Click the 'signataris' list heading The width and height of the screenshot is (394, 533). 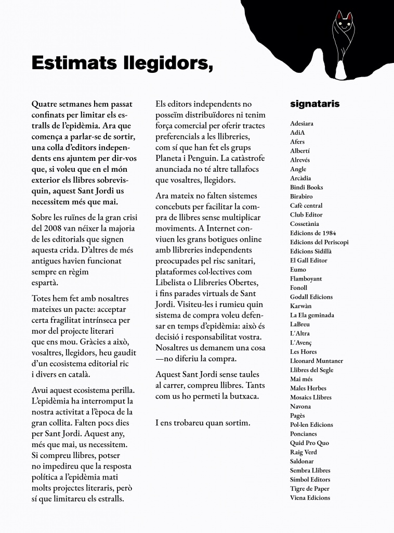pyautogui.click(x=314, y=104)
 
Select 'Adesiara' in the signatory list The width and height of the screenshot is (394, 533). pyautogui.click(x=301, y=124)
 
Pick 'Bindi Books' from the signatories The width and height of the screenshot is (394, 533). pyautogui.click(x=306, y=187)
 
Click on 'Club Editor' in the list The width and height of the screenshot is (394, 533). pyautogui.click(x=306, y=215)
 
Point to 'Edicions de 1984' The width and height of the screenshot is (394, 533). pyautogui.click(x=313, y=233)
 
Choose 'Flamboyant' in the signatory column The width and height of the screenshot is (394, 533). pyautogui.click(x=306, y=278)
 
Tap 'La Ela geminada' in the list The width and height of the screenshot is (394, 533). pyautogui.click(x=312, y=315)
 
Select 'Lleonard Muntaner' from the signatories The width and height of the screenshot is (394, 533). pyautogui.click(x=316, y=361)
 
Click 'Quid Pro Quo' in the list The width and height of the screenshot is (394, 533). pyautogui.click(x=309, y=443)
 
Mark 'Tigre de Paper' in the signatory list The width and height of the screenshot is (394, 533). pyautogui.click(x=309, y=489)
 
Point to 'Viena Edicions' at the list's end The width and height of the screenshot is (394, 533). pyautogui.click(x=310, y=498)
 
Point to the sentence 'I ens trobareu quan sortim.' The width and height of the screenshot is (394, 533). pyautogui.click(x=203, y=423)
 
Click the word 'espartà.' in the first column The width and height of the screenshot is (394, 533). pyautogui.click(x=45, y=283)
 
